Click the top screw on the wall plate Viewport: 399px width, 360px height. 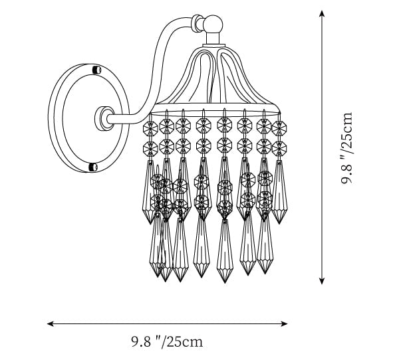click(96, 70)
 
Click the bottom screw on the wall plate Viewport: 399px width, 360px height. click(93, 167)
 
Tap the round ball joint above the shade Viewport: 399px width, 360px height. click(213, 24)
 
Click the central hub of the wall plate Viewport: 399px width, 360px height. click(104, 118)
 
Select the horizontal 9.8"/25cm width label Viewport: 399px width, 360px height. click(167, 341)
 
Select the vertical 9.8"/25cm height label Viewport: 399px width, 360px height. click(346, 147)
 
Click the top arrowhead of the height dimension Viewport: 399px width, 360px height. click(322, 13)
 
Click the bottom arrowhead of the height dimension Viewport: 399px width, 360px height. click(322, 281)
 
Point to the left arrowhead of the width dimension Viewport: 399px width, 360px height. click(51, 323)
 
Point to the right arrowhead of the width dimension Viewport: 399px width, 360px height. click(284, 323)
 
